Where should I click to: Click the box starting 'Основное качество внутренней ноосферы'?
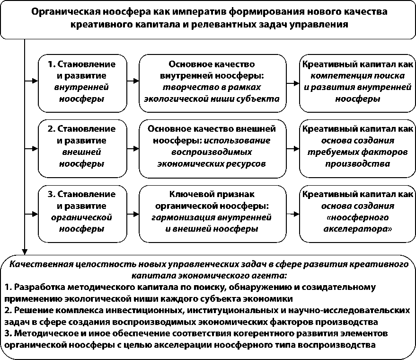click(212, 81)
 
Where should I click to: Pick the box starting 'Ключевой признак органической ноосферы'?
click(212, 211)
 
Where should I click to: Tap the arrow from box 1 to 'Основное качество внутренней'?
click(133, 81)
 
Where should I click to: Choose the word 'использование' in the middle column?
click(245, 140)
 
